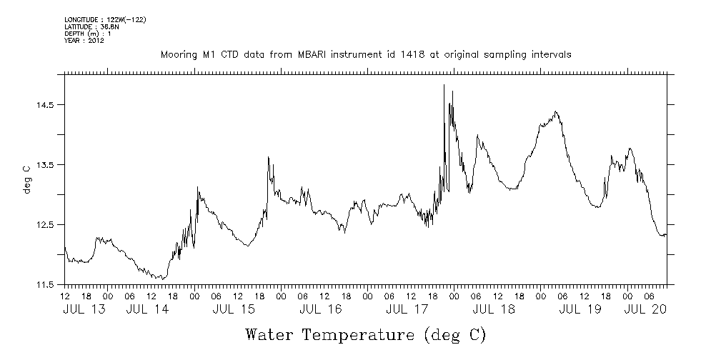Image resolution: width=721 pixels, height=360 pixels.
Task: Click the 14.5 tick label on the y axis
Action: pyautogui.click(x=44, y=105)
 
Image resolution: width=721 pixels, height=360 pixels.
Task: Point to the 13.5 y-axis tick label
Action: pyautogui.click(x=44, y=165)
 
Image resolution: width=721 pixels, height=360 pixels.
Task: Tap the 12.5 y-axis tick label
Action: pyautogui.click(x=44, y=225)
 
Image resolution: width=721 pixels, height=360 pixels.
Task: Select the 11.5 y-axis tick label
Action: pyautogui.click(x=44, y=285)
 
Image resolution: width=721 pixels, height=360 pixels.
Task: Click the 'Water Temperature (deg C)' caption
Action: pyautogui.click(x=365, y=334)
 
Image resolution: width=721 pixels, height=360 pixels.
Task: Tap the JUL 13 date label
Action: pyautogui.click(x=84, y=309)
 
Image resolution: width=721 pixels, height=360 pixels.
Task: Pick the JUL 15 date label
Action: pyautogui.click(x=234, y=309)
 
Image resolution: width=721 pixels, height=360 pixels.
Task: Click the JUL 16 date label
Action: pyautogui.click(x=320, y=309)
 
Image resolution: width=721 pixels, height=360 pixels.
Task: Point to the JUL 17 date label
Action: pyautogui.click(x=407, y=309)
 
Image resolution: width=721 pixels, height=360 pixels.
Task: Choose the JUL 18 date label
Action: pyautogui.click(x=494, y=309)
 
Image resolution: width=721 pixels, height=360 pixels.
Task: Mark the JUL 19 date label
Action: pyautogui.click(x=580, y=309)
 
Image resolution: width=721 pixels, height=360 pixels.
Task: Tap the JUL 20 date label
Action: pyautogui.click(x=646, y=309)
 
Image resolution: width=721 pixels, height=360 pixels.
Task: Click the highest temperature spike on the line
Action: pyautogui.click(x=444, y=86)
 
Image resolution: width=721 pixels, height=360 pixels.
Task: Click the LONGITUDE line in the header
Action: pyautogui.click(x=105, y=19)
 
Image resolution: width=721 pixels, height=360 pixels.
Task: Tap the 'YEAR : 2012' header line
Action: pyautogui.click(x=84, y=41)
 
